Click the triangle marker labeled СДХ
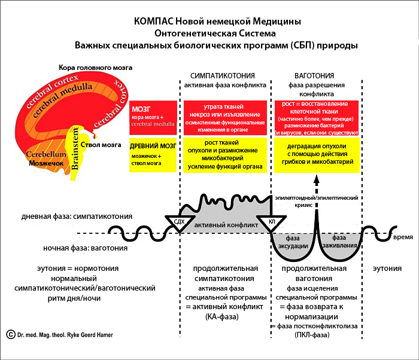pyautogui.click(x=178, y=222)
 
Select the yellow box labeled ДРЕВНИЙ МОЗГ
pyautogui.click(x=153, y=155)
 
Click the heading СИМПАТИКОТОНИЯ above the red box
pyautogui.click(x=223, y=77)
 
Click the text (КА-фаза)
pyautogui.click(x=221, y=316)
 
